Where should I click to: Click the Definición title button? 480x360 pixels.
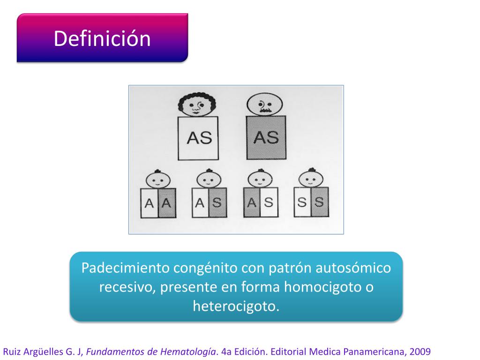pyautogui.click(x=102, y=38)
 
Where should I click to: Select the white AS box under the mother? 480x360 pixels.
pyautogui.click(x=199, y=138)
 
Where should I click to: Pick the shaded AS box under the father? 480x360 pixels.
pyautogui.click(x=265, y=138)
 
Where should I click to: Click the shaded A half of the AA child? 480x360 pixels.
pyautogui.click(x=167, y=203)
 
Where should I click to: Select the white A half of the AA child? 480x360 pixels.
pyautogui.click(x=150, y=203)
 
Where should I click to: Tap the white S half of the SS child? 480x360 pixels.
pyautogui.click(x=302, y=202)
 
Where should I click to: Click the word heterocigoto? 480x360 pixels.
pyautogui.click(x=236, y=306)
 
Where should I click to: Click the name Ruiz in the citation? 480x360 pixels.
pyautogui.click(x=12, y=351)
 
